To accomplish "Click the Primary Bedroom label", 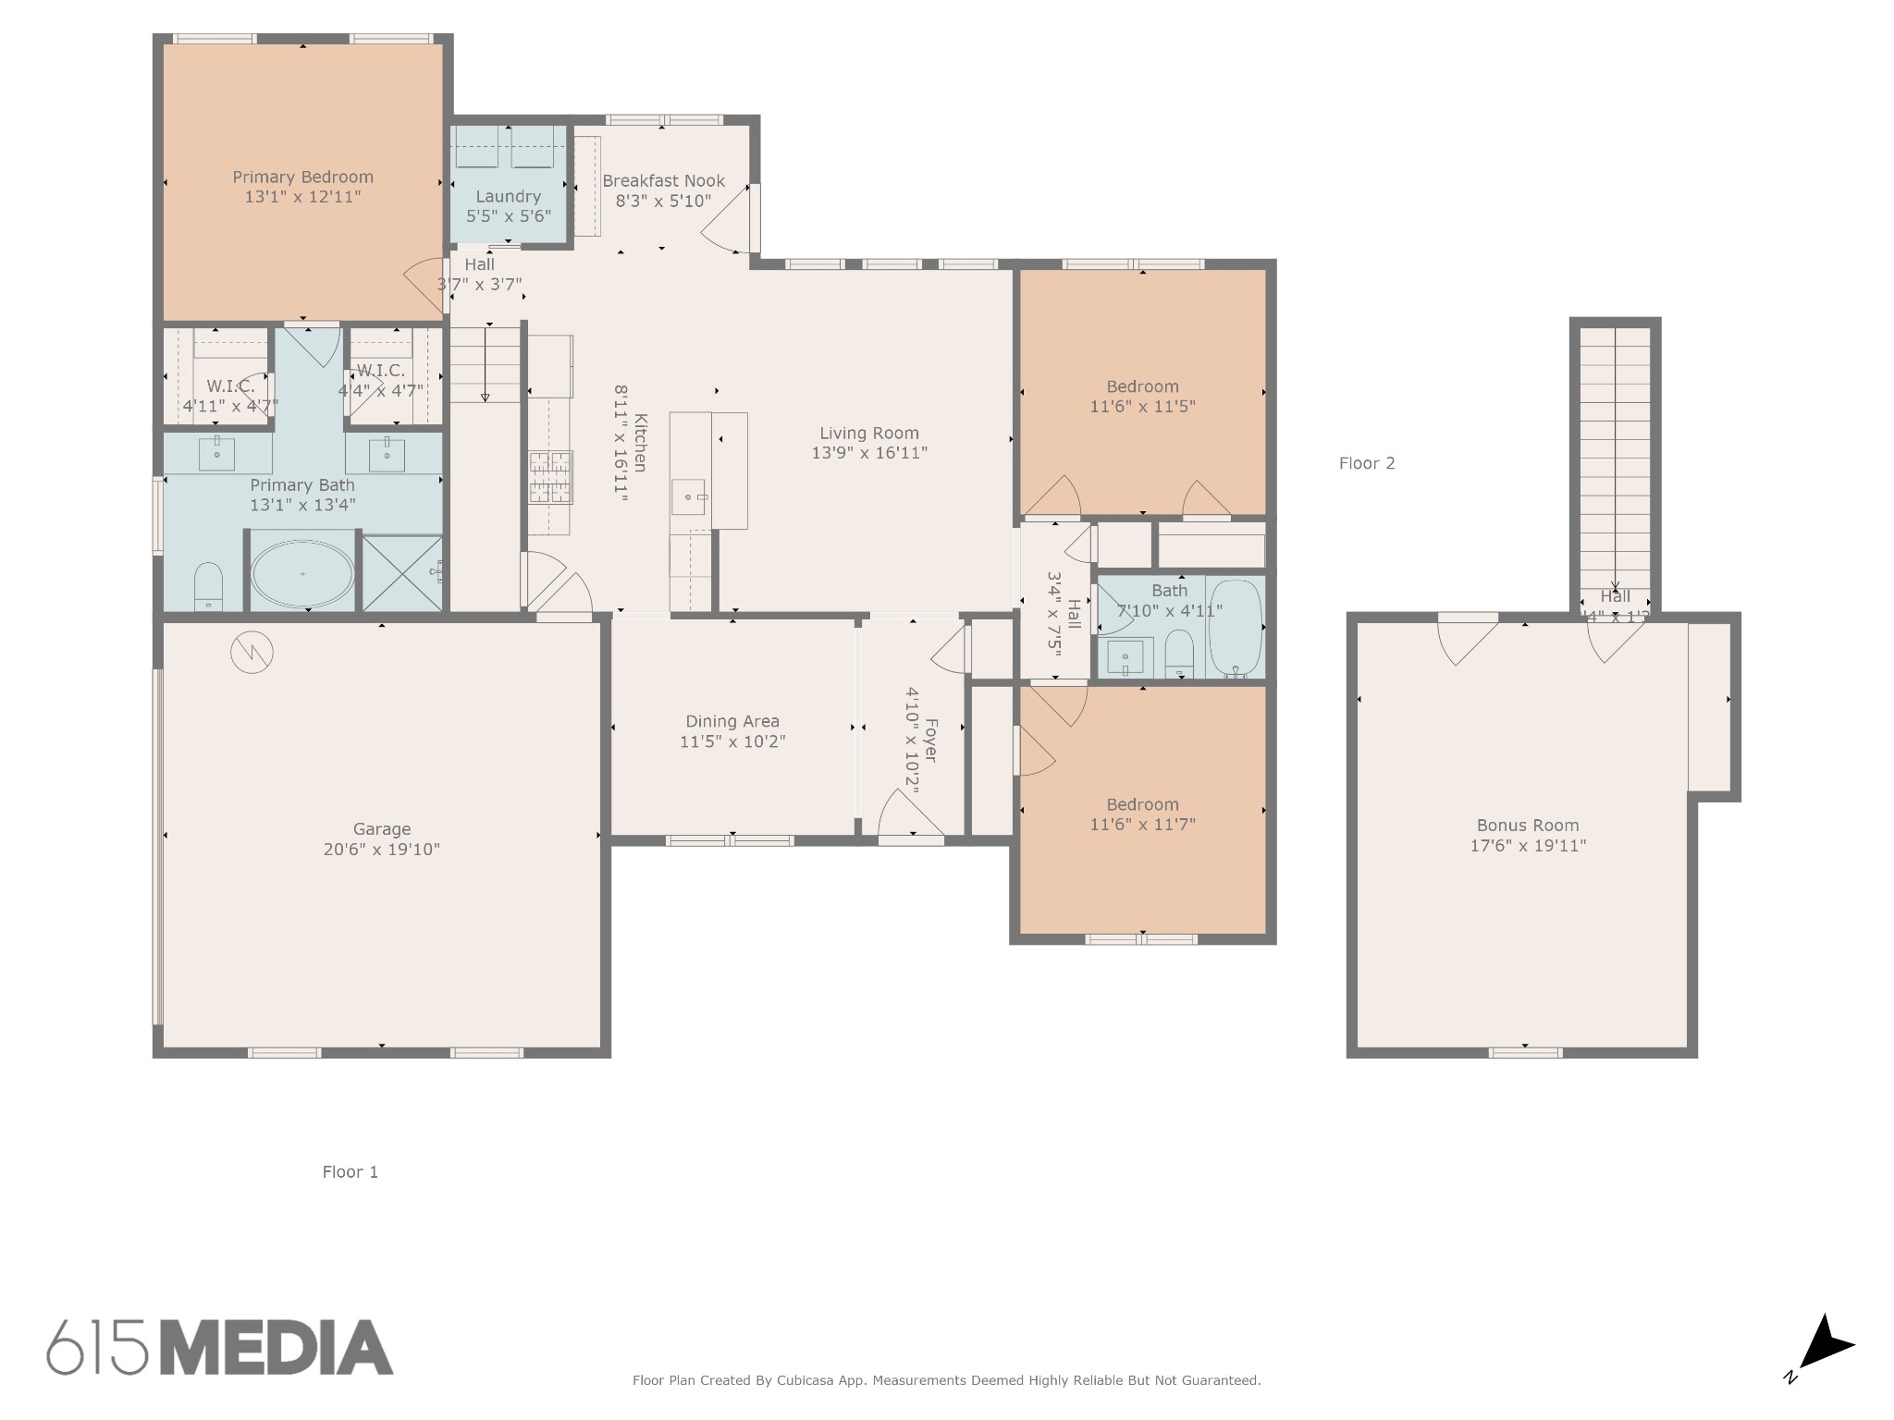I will (x=302, y=177).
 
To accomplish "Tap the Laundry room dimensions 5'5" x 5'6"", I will (x=508, y=216).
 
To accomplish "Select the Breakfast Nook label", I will (x=663, y=181).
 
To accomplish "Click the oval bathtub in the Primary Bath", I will (x=302, y=574).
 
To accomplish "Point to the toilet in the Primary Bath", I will (x=208, y=586).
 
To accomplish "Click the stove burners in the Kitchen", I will (x=550, y=477).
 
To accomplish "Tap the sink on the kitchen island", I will (x=688, y=496).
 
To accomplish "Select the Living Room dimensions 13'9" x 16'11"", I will (x=868, y=453).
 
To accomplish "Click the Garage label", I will (x=381, y=829).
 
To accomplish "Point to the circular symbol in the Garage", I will (x=252, y=653).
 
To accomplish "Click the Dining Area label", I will (x=732, y=721).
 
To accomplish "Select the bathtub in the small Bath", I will (x=1235, y=627).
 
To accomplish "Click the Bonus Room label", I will (x=1527, y=826).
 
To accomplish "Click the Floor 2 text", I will (x=1366, y=463).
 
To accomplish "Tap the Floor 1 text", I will (x=350, y=1172).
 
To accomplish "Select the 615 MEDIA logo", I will (x=220, y=1346).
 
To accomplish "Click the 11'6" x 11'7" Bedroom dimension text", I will (x=1142, y=825).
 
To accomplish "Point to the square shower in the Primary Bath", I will (x=401, y=573).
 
